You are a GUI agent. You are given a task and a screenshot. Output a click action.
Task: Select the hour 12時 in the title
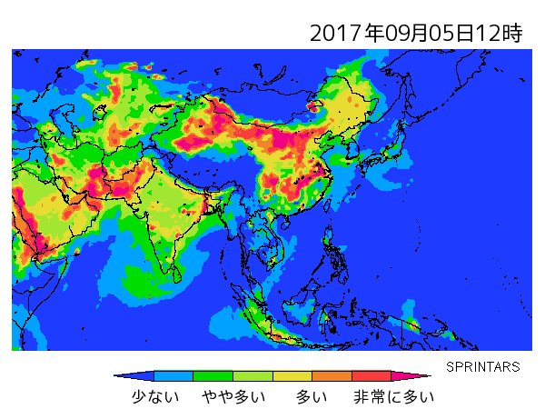500,34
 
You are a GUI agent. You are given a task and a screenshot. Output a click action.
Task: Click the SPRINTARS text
483,367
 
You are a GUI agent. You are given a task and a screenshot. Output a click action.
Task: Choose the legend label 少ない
155,396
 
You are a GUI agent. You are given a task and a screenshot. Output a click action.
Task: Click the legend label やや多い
233,396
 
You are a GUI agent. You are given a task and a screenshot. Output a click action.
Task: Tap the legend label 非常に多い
393,396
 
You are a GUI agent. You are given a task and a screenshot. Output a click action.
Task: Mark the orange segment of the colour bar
332,375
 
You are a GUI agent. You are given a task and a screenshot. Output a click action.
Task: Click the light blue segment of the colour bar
173,375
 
